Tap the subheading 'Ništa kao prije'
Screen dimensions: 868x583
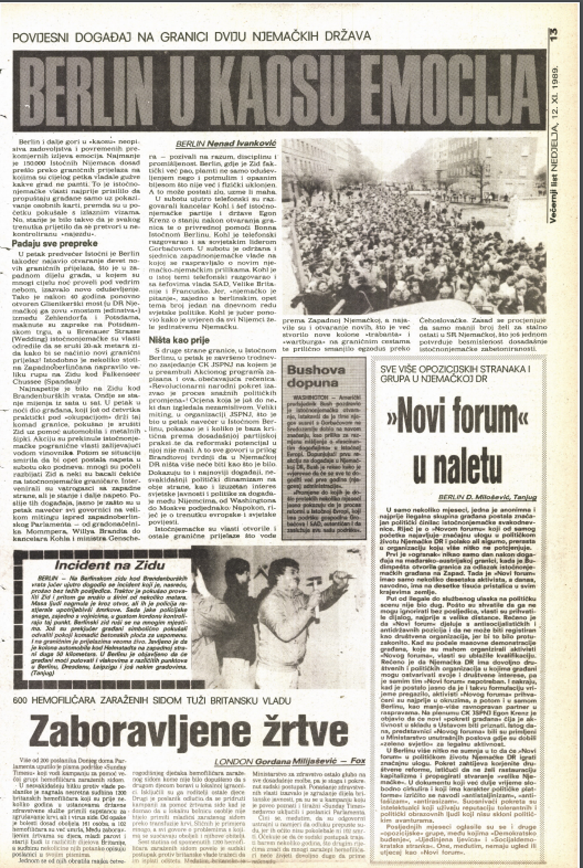(180, 340)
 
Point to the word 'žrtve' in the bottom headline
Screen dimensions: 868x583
(304, 732)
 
